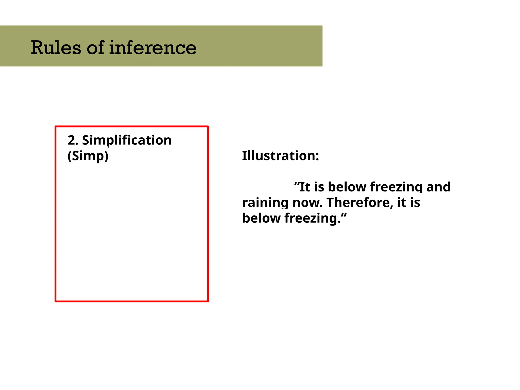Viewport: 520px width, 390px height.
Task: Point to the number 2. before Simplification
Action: coord(73,140)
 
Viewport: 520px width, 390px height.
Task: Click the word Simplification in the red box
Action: coord(127,140)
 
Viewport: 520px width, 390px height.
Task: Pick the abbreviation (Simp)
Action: coord(88,156)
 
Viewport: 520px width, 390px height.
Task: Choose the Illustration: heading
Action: coord(280,156)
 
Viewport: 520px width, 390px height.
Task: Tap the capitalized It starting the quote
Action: coord(305,187)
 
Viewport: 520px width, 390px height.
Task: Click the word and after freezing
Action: coord(438,187)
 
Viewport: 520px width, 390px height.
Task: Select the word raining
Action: coord(265,203)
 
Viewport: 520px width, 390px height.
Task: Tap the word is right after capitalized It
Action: coord(319,187)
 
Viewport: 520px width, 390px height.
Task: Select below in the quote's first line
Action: coord(347,187)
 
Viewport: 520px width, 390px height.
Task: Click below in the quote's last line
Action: coord(262,218)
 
